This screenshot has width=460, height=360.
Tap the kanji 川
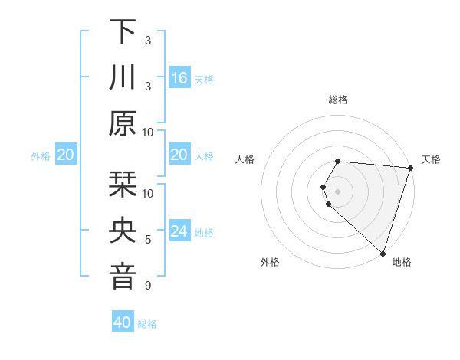click(123, 77)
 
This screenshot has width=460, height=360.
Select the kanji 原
click(123, 123)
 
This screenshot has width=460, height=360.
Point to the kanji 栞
click(123, 185)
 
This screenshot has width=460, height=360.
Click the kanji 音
click(123, 277)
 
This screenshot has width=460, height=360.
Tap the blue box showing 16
click(179, 77)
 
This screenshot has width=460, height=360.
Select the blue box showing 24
click(179, 231)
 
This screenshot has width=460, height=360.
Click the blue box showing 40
click(123, 322)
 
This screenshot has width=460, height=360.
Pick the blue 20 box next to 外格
click(66, 155)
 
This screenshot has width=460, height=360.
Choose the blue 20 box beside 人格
click(179, 155)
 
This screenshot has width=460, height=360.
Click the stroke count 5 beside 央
click(148, 241)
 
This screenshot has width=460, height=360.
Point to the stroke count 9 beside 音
click(148, 286)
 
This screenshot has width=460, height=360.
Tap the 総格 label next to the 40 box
click(147, 324)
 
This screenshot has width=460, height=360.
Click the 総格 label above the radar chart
click(337, 100)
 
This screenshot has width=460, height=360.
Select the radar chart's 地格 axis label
click(402, 262)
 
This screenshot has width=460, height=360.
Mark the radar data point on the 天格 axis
click(410, 168)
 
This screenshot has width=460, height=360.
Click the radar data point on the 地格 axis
click(383, 253)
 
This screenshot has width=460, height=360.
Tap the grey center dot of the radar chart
click(337, 191)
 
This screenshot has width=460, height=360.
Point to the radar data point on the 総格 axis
click(337, 161)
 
